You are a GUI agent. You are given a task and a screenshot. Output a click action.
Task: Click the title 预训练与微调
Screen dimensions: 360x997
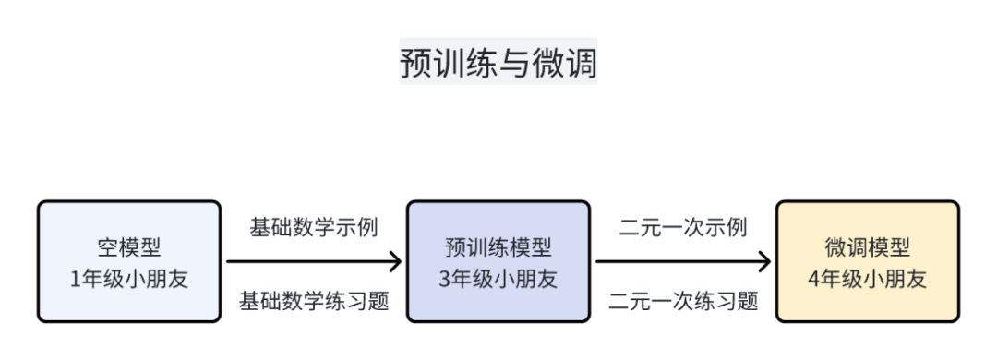pos(498,62)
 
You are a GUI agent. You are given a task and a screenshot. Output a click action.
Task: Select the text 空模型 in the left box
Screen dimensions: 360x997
pos(129,247)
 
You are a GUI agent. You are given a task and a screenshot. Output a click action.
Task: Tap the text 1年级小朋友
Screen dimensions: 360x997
pos(129,279)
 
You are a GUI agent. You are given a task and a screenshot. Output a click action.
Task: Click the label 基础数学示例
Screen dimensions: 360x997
pos(314,227)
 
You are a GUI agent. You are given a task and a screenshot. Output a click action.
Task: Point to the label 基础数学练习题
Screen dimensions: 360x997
pos(314,300)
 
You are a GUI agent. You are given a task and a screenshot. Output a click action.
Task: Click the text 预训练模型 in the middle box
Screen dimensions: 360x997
pos(498,247)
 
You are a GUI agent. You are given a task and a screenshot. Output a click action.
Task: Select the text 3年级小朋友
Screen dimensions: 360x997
pos(498,279)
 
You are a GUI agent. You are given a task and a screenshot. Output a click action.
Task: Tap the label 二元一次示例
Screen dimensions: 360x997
pos(683,227)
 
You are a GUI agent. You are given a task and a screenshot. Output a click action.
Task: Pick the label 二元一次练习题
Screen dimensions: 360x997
pos(683,300)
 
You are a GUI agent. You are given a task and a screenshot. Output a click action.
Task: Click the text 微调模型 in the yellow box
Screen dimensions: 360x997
pos(868,247)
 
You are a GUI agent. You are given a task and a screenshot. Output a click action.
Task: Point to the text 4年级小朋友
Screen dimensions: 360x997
pos(868,279)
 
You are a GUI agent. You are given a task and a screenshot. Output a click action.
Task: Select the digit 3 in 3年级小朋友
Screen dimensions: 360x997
pos(445,280)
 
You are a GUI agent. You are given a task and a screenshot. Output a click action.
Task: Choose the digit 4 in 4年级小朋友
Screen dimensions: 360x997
pos(814,280)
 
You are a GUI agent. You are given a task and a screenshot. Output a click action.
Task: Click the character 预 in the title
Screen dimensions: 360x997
pos(416,62)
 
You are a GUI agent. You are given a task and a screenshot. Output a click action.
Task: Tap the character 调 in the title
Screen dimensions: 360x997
pos(581,62)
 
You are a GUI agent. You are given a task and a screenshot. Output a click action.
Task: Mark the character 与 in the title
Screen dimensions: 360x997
pos(498,62)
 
